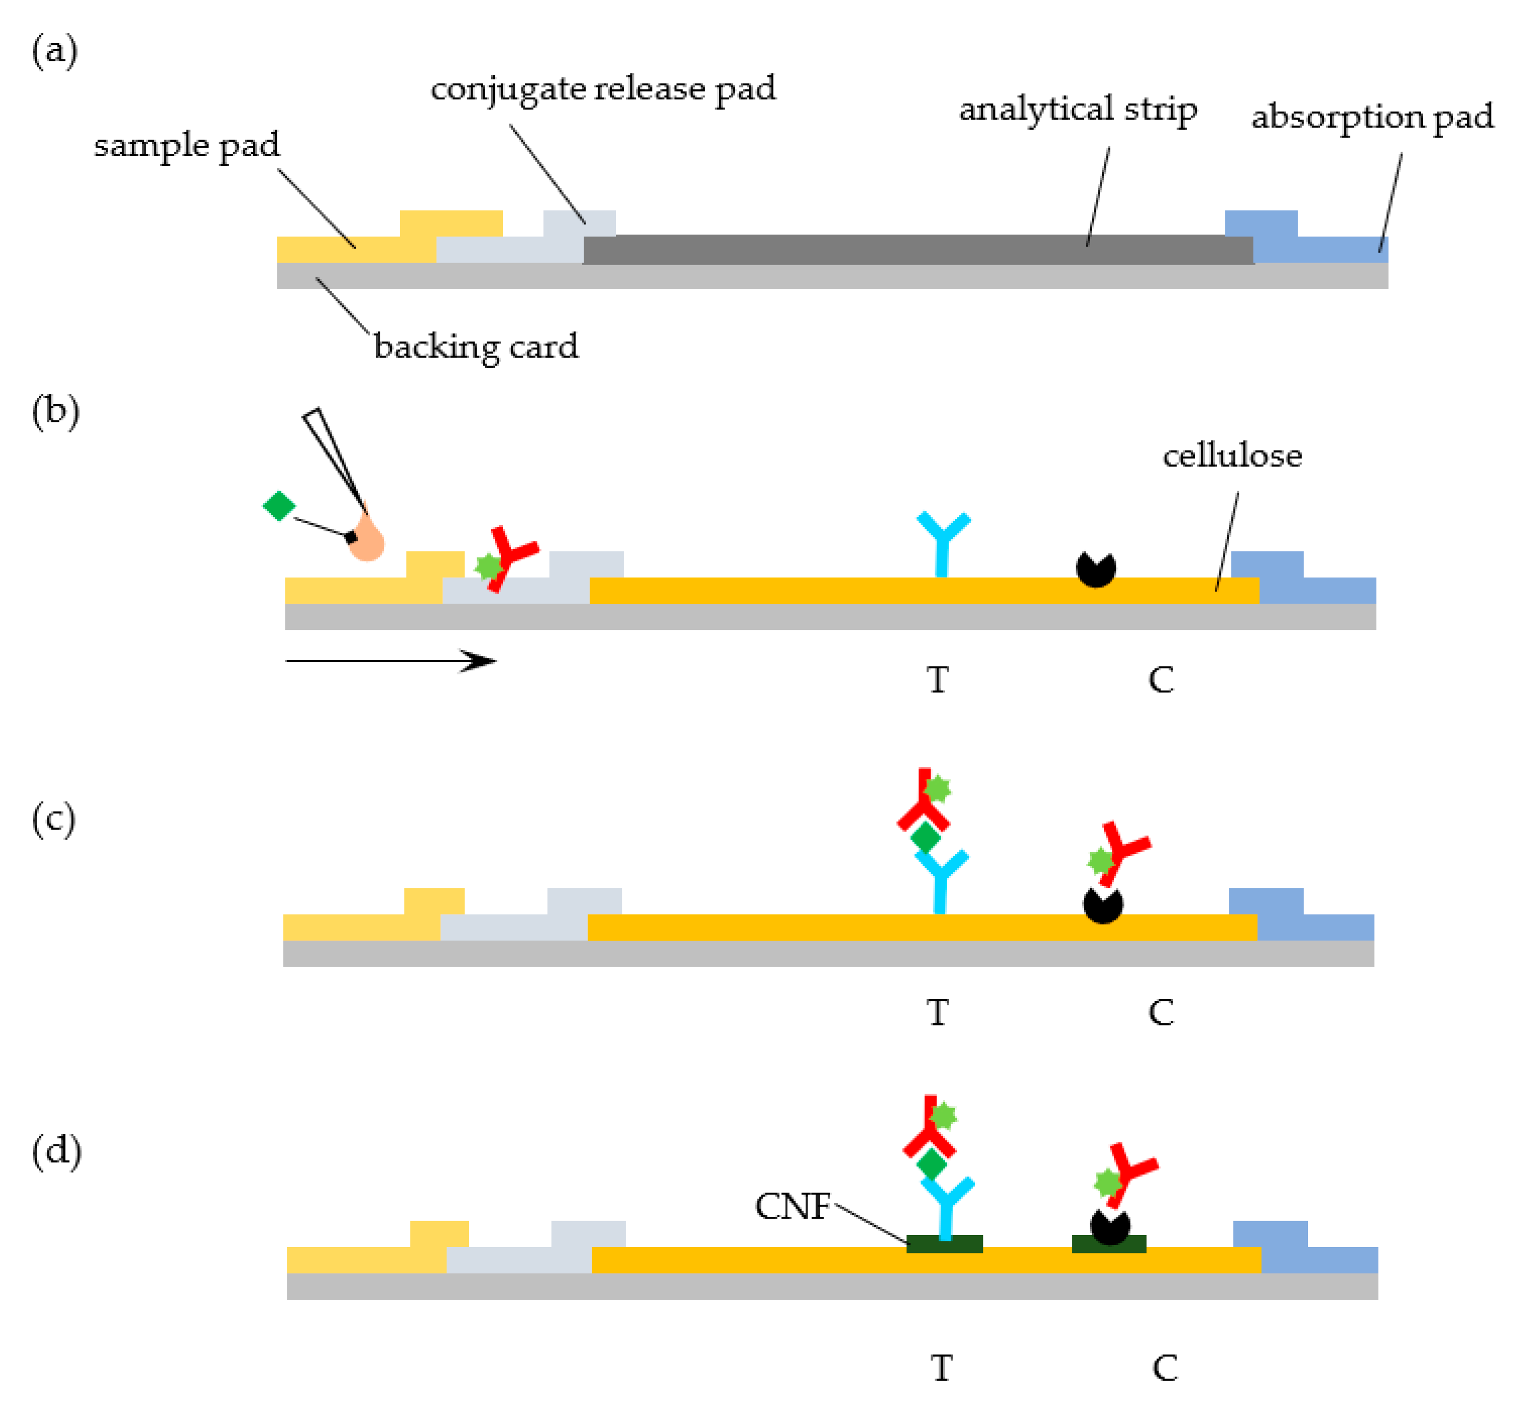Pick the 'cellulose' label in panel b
1231,456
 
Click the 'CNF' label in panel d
791,1207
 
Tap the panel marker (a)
55,52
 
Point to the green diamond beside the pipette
279,506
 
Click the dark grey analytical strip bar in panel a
912,249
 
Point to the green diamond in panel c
925,838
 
